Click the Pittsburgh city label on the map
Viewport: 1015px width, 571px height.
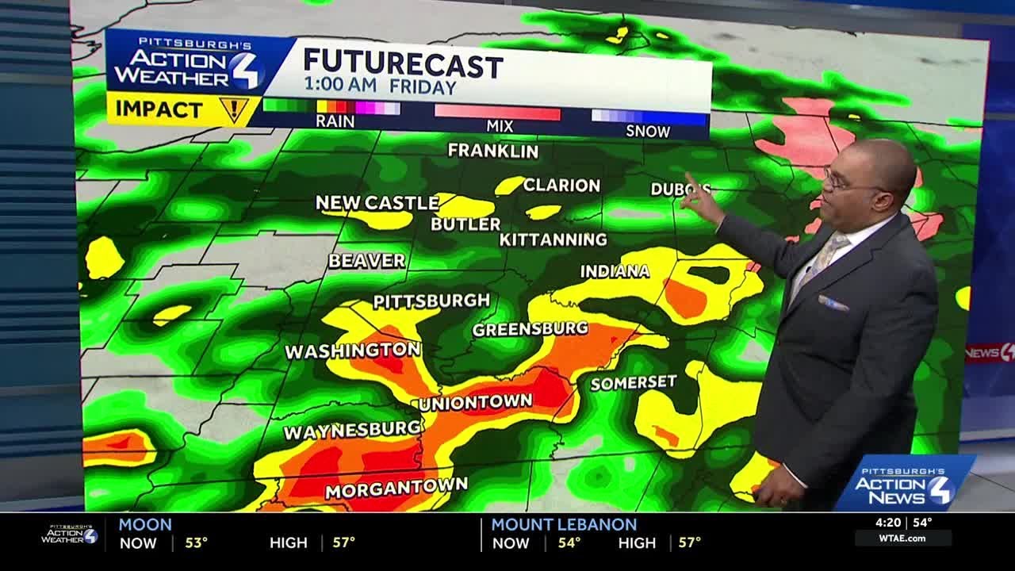click(x=431, y=301)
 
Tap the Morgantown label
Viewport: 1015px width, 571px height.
click(x=396, y=487)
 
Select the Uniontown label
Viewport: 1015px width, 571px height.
click(x=475, y=403)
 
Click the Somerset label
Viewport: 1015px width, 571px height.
click(x=634, y=382)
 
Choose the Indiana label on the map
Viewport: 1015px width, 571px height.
click(x=615, y=271)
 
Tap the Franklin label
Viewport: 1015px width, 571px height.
click(x=492, y=151)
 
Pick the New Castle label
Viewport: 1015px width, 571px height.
click(x=377, y=203)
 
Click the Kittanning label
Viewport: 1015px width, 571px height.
click(x=553, y=239)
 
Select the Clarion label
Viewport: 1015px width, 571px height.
click(x=561, y=186)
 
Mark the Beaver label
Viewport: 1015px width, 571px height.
click(x=366, y=261)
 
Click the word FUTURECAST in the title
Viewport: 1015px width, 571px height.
click(x=403, y=63)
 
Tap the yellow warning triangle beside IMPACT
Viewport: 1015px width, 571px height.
click(x=234, y=109)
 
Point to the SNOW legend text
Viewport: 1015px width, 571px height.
click(x=648, y=131)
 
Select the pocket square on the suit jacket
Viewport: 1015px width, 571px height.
click(x=833, y=303)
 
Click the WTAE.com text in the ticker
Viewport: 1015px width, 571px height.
click(x=903, y=538)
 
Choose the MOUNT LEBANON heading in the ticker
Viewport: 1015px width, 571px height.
click(x=564, y=524)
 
